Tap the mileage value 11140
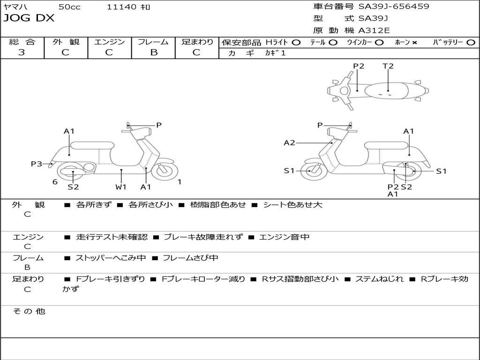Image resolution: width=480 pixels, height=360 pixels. tap(122, 7)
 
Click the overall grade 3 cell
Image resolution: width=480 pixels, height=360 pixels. tap(22, 52)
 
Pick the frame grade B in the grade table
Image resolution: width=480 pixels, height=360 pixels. tap(153, 52)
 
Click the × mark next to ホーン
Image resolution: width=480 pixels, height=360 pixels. tap(414, 43)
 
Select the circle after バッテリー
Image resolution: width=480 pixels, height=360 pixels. tap(471, 43)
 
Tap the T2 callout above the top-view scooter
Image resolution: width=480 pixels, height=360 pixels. tap(388, 66)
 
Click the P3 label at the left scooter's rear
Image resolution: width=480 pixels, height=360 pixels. tap(36, 164)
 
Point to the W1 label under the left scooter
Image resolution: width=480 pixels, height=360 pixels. tap(121, 187)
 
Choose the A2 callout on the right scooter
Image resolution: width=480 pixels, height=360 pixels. tap(289, 142)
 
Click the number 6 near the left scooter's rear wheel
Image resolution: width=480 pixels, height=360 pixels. tap(55, 182)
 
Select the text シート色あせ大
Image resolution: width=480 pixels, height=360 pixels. tap(292, 205)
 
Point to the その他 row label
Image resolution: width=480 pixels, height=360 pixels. tap(29, 311)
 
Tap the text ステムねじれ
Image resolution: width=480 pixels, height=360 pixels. tap(379, 279)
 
